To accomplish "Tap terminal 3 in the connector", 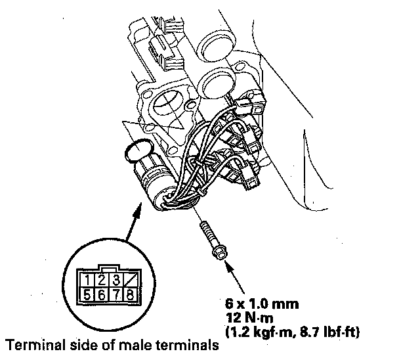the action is click(x=111, y=279).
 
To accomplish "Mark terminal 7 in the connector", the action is click(x=111, y=294).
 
